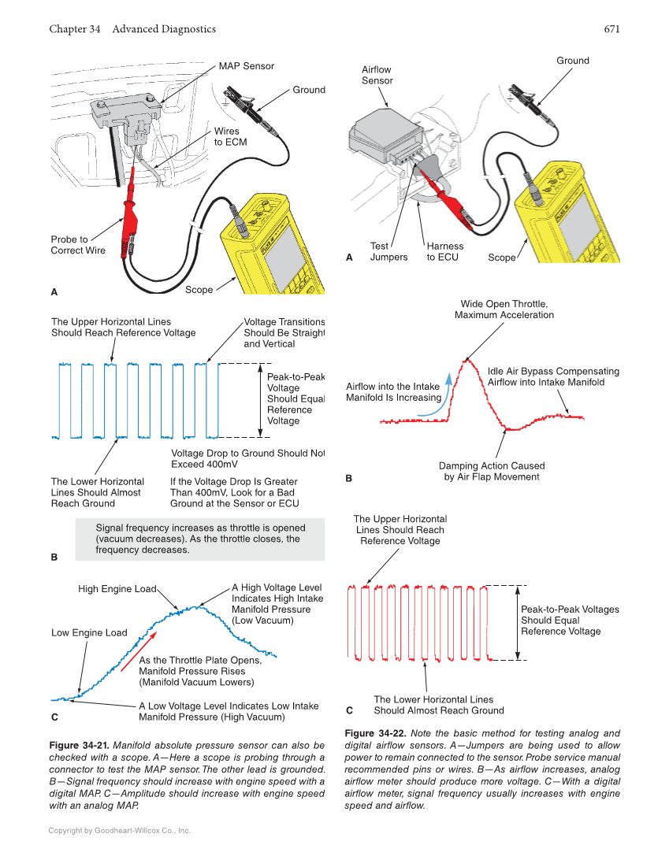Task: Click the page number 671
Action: (611, 29)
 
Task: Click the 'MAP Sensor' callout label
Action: (246, 66)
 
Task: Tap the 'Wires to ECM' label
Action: (230, 137)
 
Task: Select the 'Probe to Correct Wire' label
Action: (77, 245)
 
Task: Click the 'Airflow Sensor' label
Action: (377, 75)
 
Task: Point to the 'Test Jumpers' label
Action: (388, 251)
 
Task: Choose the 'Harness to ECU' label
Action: (444, 251)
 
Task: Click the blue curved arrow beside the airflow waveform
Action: (447, 390)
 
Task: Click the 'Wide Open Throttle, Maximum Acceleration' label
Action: (504, 309)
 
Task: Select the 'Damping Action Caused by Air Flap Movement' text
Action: (491, 471)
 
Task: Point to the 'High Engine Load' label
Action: (117, 589)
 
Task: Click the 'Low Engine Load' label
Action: (88, 633)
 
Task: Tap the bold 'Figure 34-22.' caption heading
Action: (375, 733)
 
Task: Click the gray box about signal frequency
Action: (200, 539)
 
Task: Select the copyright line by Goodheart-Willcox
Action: (119, 831)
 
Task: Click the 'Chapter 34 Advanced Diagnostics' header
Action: (132, 29)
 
